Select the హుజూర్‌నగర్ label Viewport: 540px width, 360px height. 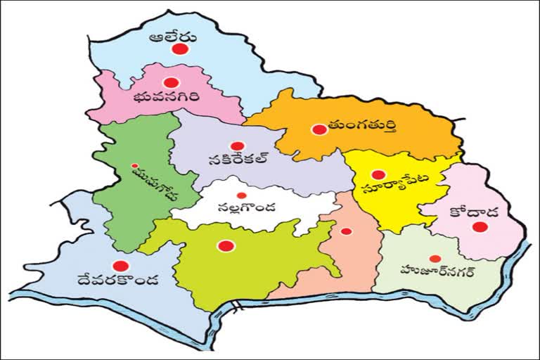(437, 271)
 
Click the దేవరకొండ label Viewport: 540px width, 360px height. (120, 281)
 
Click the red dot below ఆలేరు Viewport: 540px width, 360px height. (181, 49)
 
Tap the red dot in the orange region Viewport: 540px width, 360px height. (319, 129)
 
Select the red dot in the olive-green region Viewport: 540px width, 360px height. (225, 245)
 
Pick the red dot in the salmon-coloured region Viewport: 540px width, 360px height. (346, 231)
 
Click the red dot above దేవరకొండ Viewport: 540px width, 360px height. (121, 266)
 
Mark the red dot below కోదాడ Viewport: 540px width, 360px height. (480, 226)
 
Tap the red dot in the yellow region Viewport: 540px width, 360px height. (378, 174)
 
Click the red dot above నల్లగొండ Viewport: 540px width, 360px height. (241, 195)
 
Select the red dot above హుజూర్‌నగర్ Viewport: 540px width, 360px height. (435, 258)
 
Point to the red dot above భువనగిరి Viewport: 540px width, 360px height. (172, 83)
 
